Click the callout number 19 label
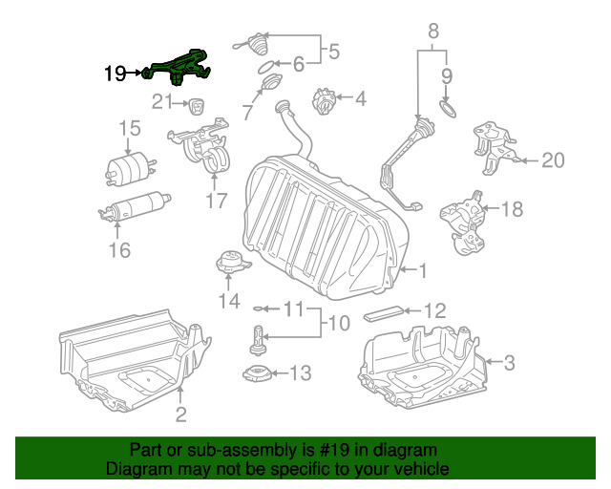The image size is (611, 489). point(115,72)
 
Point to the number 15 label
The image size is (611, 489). point(129,129)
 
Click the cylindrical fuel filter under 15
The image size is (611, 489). point(128,167)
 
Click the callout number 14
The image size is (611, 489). point(228,302)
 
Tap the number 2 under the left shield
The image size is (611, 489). point(180,414)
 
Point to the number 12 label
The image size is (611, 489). point(434,310)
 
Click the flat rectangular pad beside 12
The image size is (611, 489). point(384,313)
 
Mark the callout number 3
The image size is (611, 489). point(509,362)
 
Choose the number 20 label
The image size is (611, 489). point(553,160)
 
